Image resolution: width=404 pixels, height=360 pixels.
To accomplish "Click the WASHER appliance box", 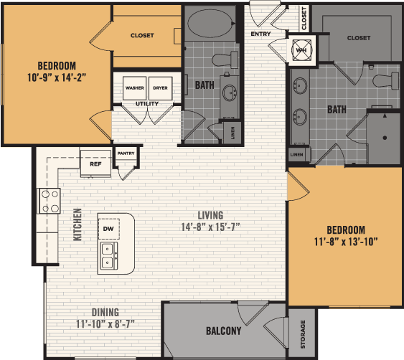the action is (x=134, y=88).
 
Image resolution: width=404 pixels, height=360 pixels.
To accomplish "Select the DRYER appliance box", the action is (x=160, y=88).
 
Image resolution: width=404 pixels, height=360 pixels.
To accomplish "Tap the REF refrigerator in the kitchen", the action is (x=95, y=164).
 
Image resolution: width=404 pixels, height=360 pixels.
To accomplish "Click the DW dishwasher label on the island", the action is (x=108, y=229).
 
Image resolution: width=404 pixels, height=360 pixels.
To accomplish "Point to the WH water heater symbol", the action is (x=301, y=50).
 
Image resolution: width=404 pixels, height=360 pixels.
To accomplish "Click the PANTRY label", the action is (x=126, y=153).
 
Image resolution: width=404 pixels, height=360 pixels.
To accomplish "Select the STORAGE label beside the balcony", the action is (x=303, y=334).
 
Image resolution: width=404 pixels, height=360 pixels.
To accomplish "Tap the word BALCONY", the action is (x=224, y=331).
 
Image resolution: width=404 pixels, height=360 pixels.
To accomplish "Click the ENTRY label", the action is (x=260, y=34).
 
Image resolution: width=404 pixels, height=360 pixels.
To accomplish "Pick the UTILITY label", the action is (x=147, y=103).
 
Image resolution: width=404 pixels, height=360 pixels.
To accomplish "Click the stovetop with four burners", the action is (x=49, y=201).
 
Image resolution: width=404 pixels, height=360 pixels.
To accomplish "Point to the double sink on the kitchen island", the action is (x=109, y=256).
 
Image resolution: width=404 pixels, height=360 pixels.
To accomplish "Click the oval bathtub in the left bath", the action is (x=211, y=23).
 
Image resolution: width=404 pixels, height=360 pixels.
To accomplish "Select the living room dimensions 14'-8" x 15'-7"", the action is (x=210, y=227).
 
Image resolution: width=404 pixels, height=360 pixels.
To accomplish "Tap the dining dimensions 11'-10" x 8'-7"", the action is (x=105, y=324).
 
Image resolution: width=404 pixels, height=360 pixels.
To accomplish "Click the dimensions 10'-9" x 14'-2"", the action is (x=57, y=77).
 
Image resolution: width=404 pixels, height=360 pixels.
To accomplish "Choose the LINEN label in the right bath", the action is (x=297, y=154).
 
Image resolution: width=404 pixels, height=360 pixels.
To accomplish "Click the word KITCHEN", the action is (x=77, y=224).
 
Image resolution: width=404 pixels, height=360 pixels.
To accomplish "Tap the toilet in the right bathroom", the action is (x=386, y=81).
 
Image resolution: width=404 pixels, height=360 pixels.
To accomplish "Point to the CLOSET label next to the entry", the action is (x=304, y=18).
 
